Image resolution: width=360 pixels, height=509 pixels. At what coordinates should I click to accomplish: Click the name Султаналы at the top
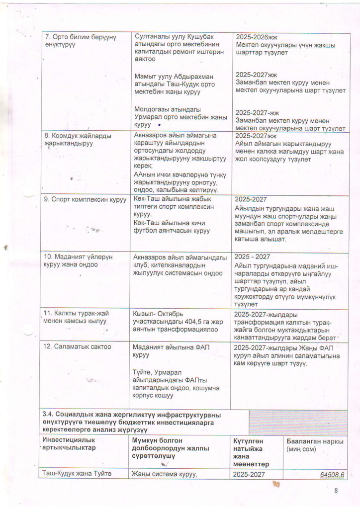[x=152, y=37]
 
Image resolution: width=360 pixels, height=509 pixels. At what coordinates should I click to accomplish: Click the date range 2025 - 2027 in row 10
[x=252, y=256]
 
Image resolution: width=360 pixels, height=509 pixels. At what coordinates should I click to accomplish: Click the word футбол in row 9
[x=145, y=230]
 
